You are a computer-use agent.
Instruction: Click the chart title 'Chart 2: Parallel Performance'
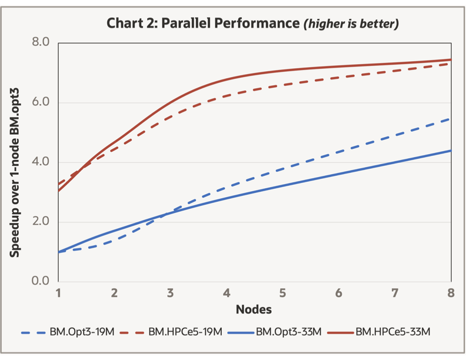click(x=202, y=24)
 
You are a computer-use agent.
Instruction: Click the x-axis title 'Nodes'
click(x=254, y=309)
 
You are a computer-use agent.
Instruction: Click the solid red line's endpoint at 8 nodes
click(x=451, y=59)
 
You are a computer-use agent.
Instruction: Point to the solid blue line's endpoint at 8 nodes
click(x=451, y=151)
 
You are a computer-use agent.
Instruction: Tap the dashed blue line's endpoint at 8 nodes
click(x=451, y=119)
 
